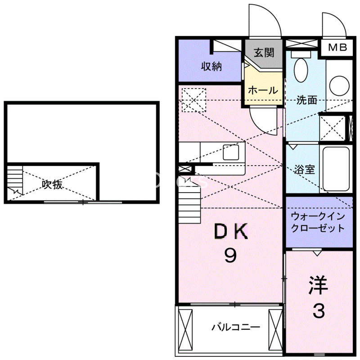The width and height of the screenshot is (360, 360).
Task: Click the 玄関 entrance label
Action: point(263,53)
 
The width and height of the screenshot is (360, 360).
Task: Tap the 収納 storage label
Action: point(211,67)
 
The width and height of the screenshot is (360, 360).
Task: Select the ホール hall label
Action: point(263,90)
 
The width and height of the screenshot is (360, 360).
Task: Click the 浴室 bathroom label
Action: point(304,170)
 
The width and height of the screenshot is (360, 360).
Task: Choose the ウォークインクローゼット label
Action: point(318,222)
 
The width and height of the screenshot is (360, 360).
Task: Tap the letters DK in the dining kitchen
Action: point(229,232)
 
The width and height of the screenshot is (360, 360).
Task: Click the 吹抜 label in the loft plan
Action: point(52,184)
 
